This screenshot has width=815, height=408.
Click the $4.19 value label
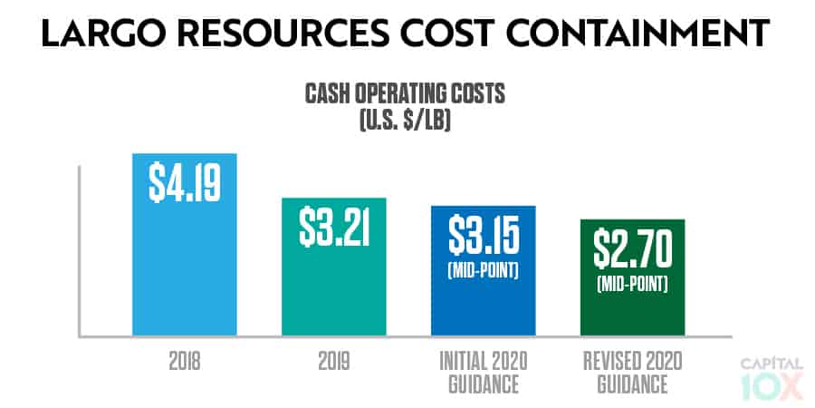pyautogui.click(x=185, y=180)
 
